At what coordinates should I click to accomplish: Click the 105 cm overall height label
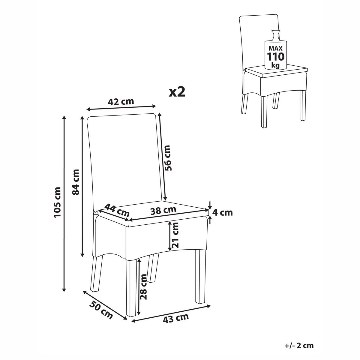[x=57, y=202]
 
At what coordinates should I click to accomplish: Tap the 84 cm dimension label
[x=76, y=182]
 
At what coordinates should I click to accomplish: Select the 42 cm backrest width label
[x=121, y=102]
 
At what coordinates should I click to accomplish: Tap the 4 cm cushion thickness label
[x=223, y=213]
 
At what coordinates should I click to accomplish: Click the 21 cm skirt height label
[x=175, y=235]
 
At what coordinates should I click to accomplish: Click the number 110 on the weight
[x=276, y=57]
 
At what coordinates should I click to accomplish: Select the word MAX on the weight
[x=276, y=48]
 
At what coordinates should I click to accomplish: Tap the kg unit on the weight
[x=276, y=66]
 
